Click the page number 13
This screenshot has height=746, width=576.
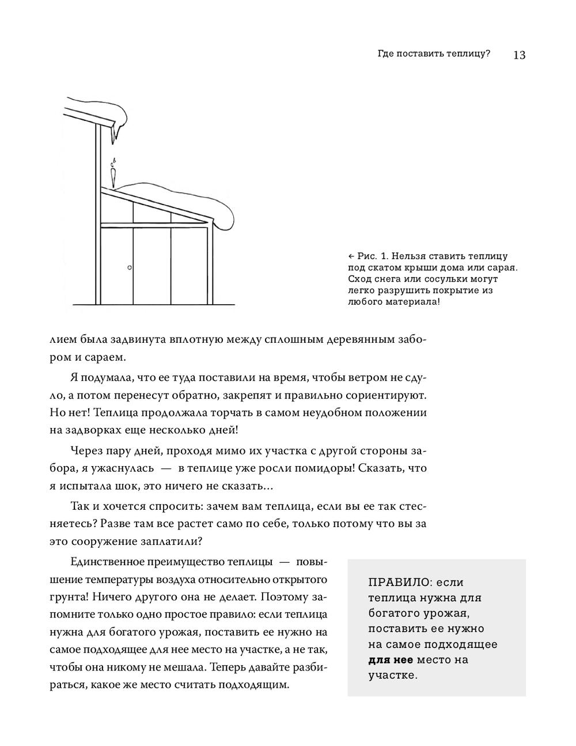518,55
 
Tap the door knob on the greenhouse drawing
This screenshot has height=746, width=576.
130,268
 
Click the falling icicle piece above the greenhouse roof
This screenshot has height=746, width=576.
113,173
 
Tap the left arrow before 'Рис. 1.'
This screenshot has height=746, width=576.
352,256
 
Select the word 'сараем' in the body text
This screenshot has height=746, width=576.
103,357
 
